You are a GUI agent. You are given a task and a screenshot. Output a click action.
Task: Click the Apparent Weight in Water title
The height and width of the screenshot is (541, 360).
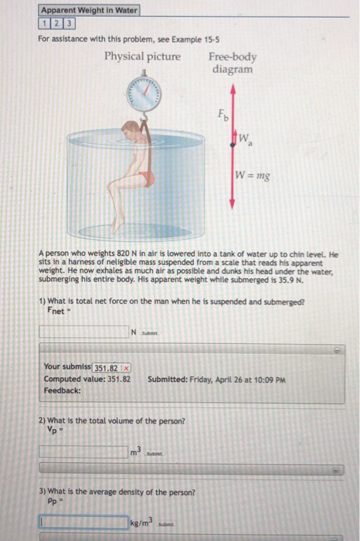[89, 10]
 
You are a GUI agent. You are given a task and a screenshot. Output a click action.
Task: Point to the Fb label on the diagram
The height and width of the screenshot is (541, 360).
[222, 117]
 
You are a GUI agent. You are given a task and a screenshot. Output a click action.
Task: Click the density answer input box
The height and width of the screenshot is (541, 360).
[83, 523]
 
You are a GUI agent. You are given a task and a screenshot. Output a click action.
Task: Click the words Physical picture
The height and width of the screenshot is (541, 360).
[143, 56]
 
